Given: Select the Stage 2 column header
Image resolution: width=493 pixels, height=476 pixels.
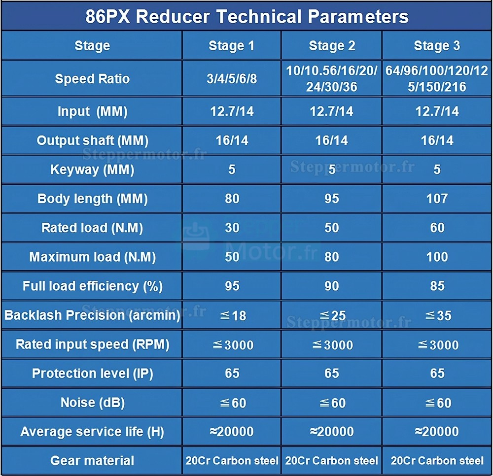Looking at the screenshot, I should click(332, 46).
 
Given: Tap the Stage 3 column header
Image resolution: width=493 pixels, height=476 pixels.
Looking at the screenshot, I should click(437, 46).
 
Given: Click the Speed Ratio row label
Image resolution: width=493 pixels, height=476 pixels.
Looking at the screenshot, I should click(92, 79).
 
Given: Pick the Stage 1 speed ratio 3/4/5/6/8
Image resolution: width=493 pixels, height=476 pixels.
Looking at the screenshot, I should click(232, 79).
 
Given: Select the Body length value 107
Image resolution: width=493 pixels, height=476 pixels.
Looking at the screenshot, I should click(437, 199).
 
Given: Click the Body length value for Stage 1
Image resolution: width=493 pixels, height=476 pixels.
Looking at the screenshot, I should click(232, 199).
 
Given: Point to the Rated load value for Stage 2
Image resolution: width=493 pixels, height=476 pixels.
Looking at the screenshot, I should click(332, 228).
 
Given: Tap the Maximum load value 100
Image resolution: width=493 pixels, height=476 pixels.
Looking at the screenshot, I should click(437, 257).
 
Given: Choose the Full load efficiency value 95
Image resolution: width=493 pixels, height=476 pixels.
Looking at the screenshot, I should click(232, 286).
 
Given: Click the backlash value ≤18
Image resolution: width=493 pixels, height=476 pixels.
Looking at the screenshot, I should click(232, 315).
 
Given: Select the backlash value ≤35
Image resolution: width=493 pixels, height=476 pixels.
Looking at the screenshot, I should click(437, 315).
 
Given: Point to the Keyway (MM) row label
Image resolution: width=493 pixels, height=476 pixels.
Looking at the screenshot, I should click(92, 170).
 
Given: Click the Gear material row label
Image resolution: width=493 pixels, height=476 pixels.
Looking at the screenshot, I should click(92, 461).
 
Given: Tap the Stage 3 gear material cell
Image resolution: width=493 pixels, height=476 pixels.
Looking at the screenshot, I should click(437, 461).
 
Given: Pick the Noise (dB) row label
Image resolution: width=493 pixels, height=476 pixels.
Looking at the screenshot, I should click(92, 403).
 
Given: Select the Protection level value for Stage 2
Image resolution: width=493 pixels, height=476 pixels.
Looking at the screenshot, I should click(332, 374).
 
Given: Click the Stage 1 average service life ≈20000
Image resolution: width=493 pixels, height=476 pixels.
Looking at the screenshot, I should click(232, 432).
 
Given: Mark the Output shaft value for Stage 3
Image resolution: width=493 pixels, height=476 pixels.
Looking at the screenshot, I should click(437, 140).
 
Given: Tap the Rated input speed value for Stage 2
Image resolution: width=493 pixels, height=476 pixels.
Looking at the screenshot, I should click(332, 344).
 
